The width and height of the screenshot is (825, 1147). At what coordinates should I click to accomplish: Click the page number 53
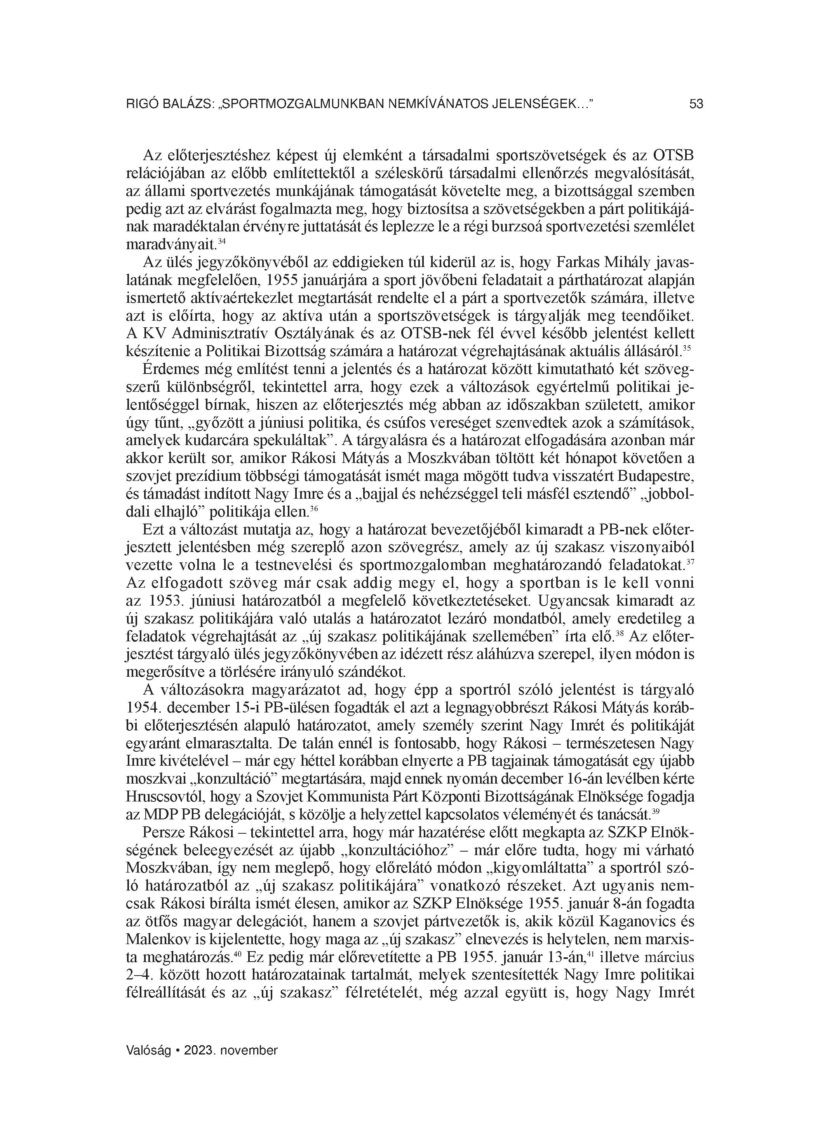point(696,104)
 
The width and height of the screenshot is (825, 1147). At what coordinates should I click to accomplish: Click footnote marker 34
point(221,241)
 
